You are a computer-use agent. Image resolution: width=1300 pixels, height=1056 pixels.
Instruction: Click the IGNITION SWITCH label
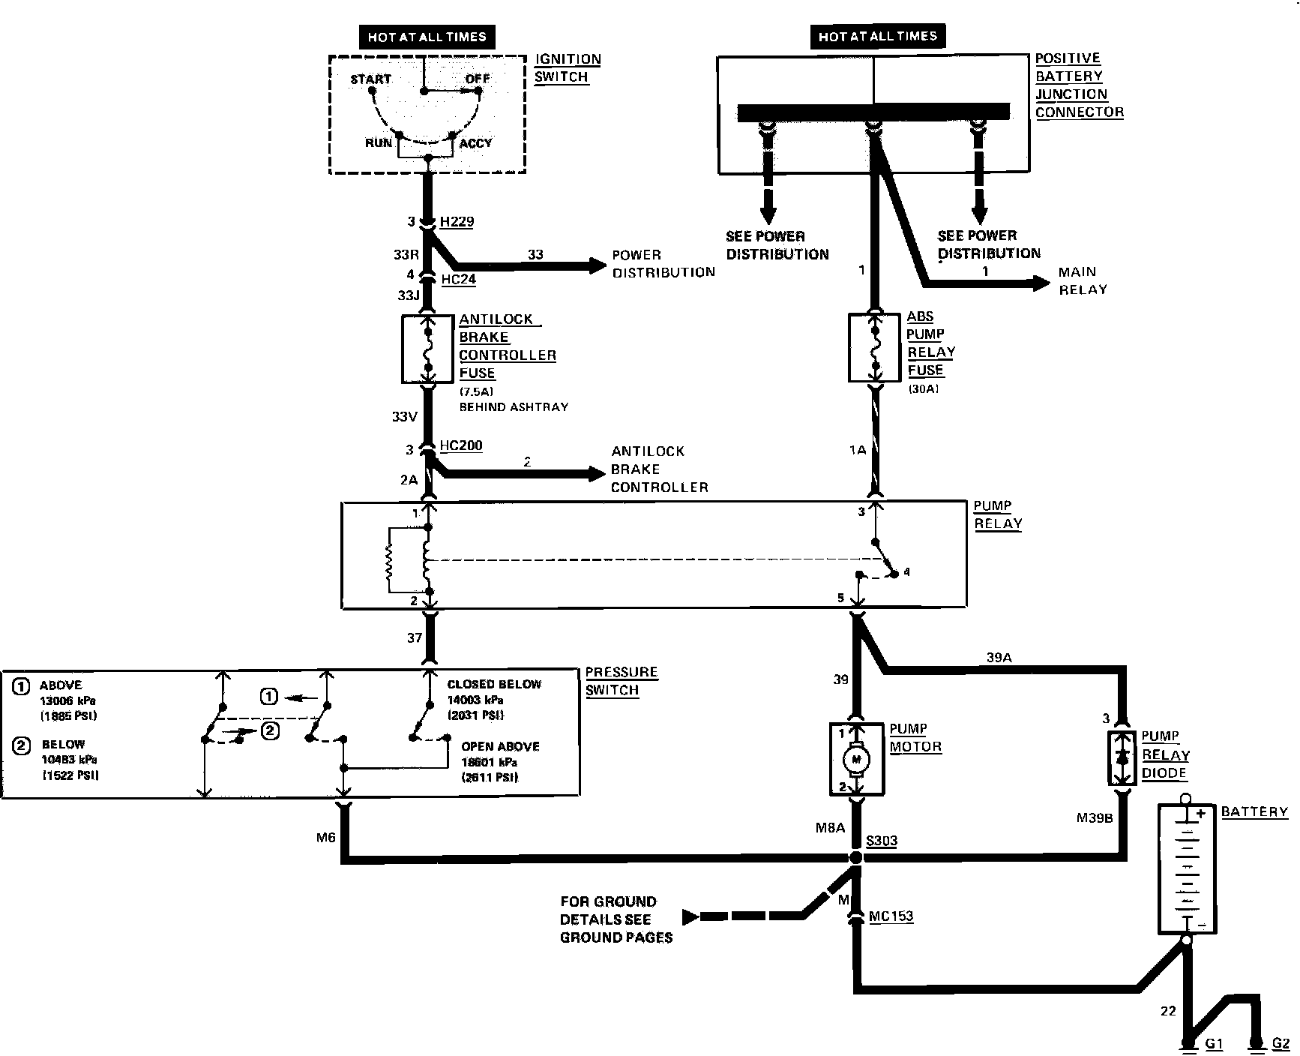pyautogui.click(x=567, y=68)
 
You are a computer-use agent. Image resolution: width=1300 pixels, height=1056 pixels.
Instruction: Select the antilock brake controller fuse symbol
pyautogui.click(x=429, y=349)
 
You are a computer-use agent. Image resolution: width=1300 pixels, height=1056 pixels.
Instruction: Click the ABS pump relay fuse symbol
pyautogui.click(x=874, y=348)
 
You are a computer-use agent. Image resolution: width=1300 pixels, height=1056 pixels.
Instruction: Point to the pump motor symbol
pyautogui.click(x=856, y=759)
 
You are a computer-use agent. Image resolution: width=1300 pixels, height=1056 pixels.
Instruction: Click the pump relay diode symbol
pyautogui.click(x=1122, y=758)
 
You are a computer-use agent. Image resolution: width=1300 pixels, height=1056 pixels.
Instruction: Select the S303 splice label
pyautogui.click(x=881, y=841)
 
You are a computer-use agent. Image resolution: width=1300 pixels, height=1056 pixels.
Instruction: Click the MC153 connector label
pyautogui.click(x=891, y=916)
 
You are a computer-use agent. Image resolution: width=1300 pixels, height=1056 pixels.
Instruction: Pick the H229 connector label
pyautogui.click(x=457, y=222)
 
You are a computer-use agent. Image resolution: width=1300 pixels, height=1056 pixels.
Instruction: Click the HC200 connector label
pyautogui.click(x=460, y=445)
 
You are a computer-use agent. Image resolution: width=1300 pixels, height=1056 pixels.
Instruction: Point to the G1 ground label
pyautogui.click(x=1214, y=1043)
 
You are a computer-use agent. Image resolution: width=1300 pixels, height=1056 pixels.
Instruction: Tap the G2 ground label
pyautogui.click(x=1281, y=1043)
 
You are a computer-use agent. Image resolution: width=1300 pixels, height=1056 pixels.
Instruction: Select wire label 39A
pyautogui.click(x=999, y=658)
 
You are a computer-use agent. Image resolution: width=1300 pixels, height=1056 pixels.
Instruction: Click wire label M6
pyautogui.click(x=325, y=838)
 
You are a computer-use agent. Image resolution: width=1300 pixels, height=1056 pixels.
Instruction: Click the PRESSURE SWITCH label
pyautogui.click(x=621, y=681)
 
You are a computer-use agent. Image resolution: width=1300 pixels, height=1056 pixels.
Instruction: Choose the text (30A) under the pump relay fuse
pyautogui.click(x=923, y=389)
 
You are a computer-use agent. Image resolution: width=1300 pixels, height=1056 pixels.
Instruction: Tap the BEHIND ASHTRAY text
pyautogui.click(x=514, y=407)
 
